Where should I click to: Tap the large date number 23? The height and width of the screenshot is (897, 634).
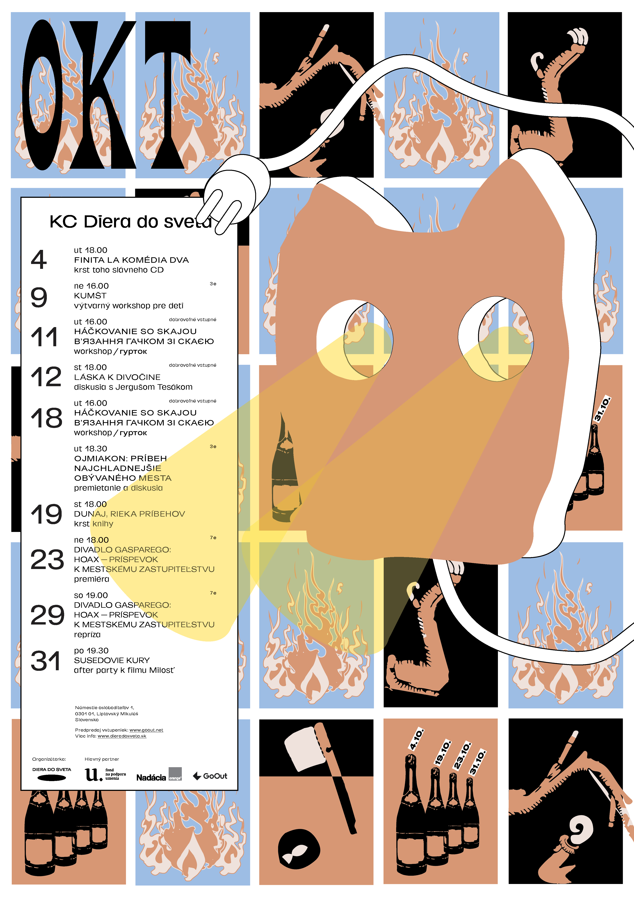(x=47, y=559)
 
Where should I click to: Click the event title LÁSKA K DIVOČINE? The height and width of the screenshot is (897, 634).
(x=117, y=377)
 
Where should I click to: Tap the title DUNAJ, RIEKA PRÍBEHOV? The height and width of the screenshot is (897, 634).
(x=130, y=514)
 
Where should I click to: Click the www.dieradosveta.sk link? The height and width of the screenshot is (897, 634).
(x=122, y=736)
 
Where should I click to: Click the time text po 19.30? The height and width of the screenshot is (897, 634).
(x=91, y=651)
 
